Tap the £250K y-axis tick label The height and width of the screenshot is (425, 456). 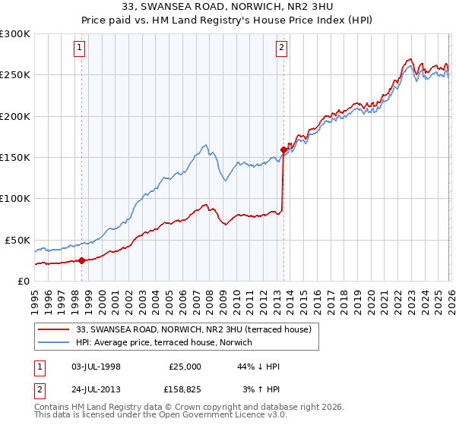(15, 75)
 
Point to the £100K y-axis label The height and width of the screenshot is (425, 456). (15, 198)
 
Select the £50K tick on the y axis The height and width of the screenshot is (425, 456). (18, 240)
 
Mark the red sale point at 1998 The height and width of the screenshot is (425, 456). (81, 260)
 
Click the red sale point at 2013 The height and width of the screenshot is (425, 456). (283, 150)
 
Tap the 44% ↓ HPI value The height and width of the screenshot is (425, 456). (258, 367)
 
